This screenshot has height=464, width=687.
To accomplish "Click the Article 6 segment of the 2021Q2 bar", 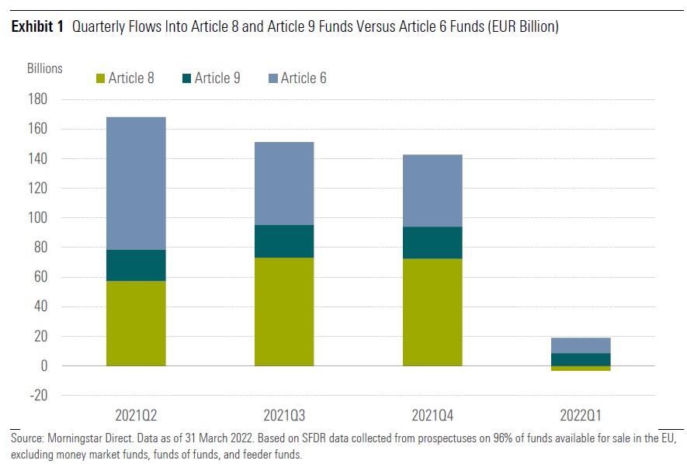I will point(136,183).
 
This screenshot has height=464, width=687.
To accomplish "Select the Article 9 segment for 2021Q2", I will point(136,265).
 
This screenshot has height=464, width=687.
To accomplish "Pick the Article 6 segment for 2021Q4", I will point(432,191).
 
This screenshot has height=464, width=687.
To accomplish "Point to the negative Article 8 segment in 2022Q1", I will point(581,369).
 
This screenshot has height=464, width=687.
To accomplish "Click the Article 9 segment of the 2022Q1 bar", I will point(581,359).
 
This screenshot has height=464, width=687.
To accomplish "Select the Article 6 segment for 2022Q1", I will point(581,345).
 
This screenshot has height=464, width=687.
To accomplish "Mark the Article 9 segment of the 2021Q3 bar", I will point(284,241).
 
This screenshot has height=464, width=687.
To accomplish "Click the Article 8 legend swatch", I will point(99,78).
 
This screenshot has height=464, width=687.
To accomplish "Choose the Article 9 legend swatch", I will point(186,78).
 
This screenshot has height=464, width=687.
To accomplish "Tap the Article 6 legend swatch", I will point(272,78).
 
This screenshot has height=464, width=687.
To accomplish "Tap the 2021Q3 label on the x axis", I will point(284,414).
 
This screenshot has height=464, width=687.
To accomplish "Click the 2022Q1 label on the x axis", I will point(581,414).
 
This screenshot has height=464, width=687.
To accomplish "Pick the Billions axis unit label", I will point(44,68).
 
